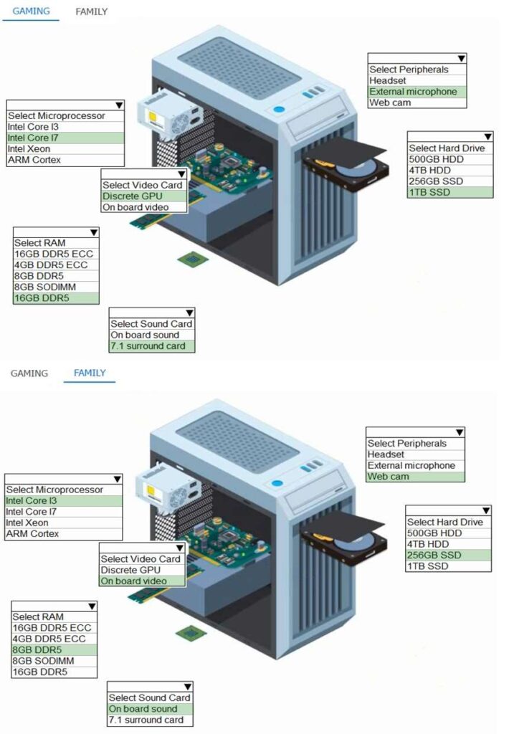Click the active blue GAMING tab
click(x=30, y=11)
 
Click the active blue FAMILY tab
click(x=90, y=373)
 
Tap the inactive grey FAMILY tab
click(x=92, y=11)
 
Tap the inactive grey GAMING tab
click(x=29, y=373)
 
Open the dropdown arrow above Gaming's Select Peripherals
click(x=462, y=58)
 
